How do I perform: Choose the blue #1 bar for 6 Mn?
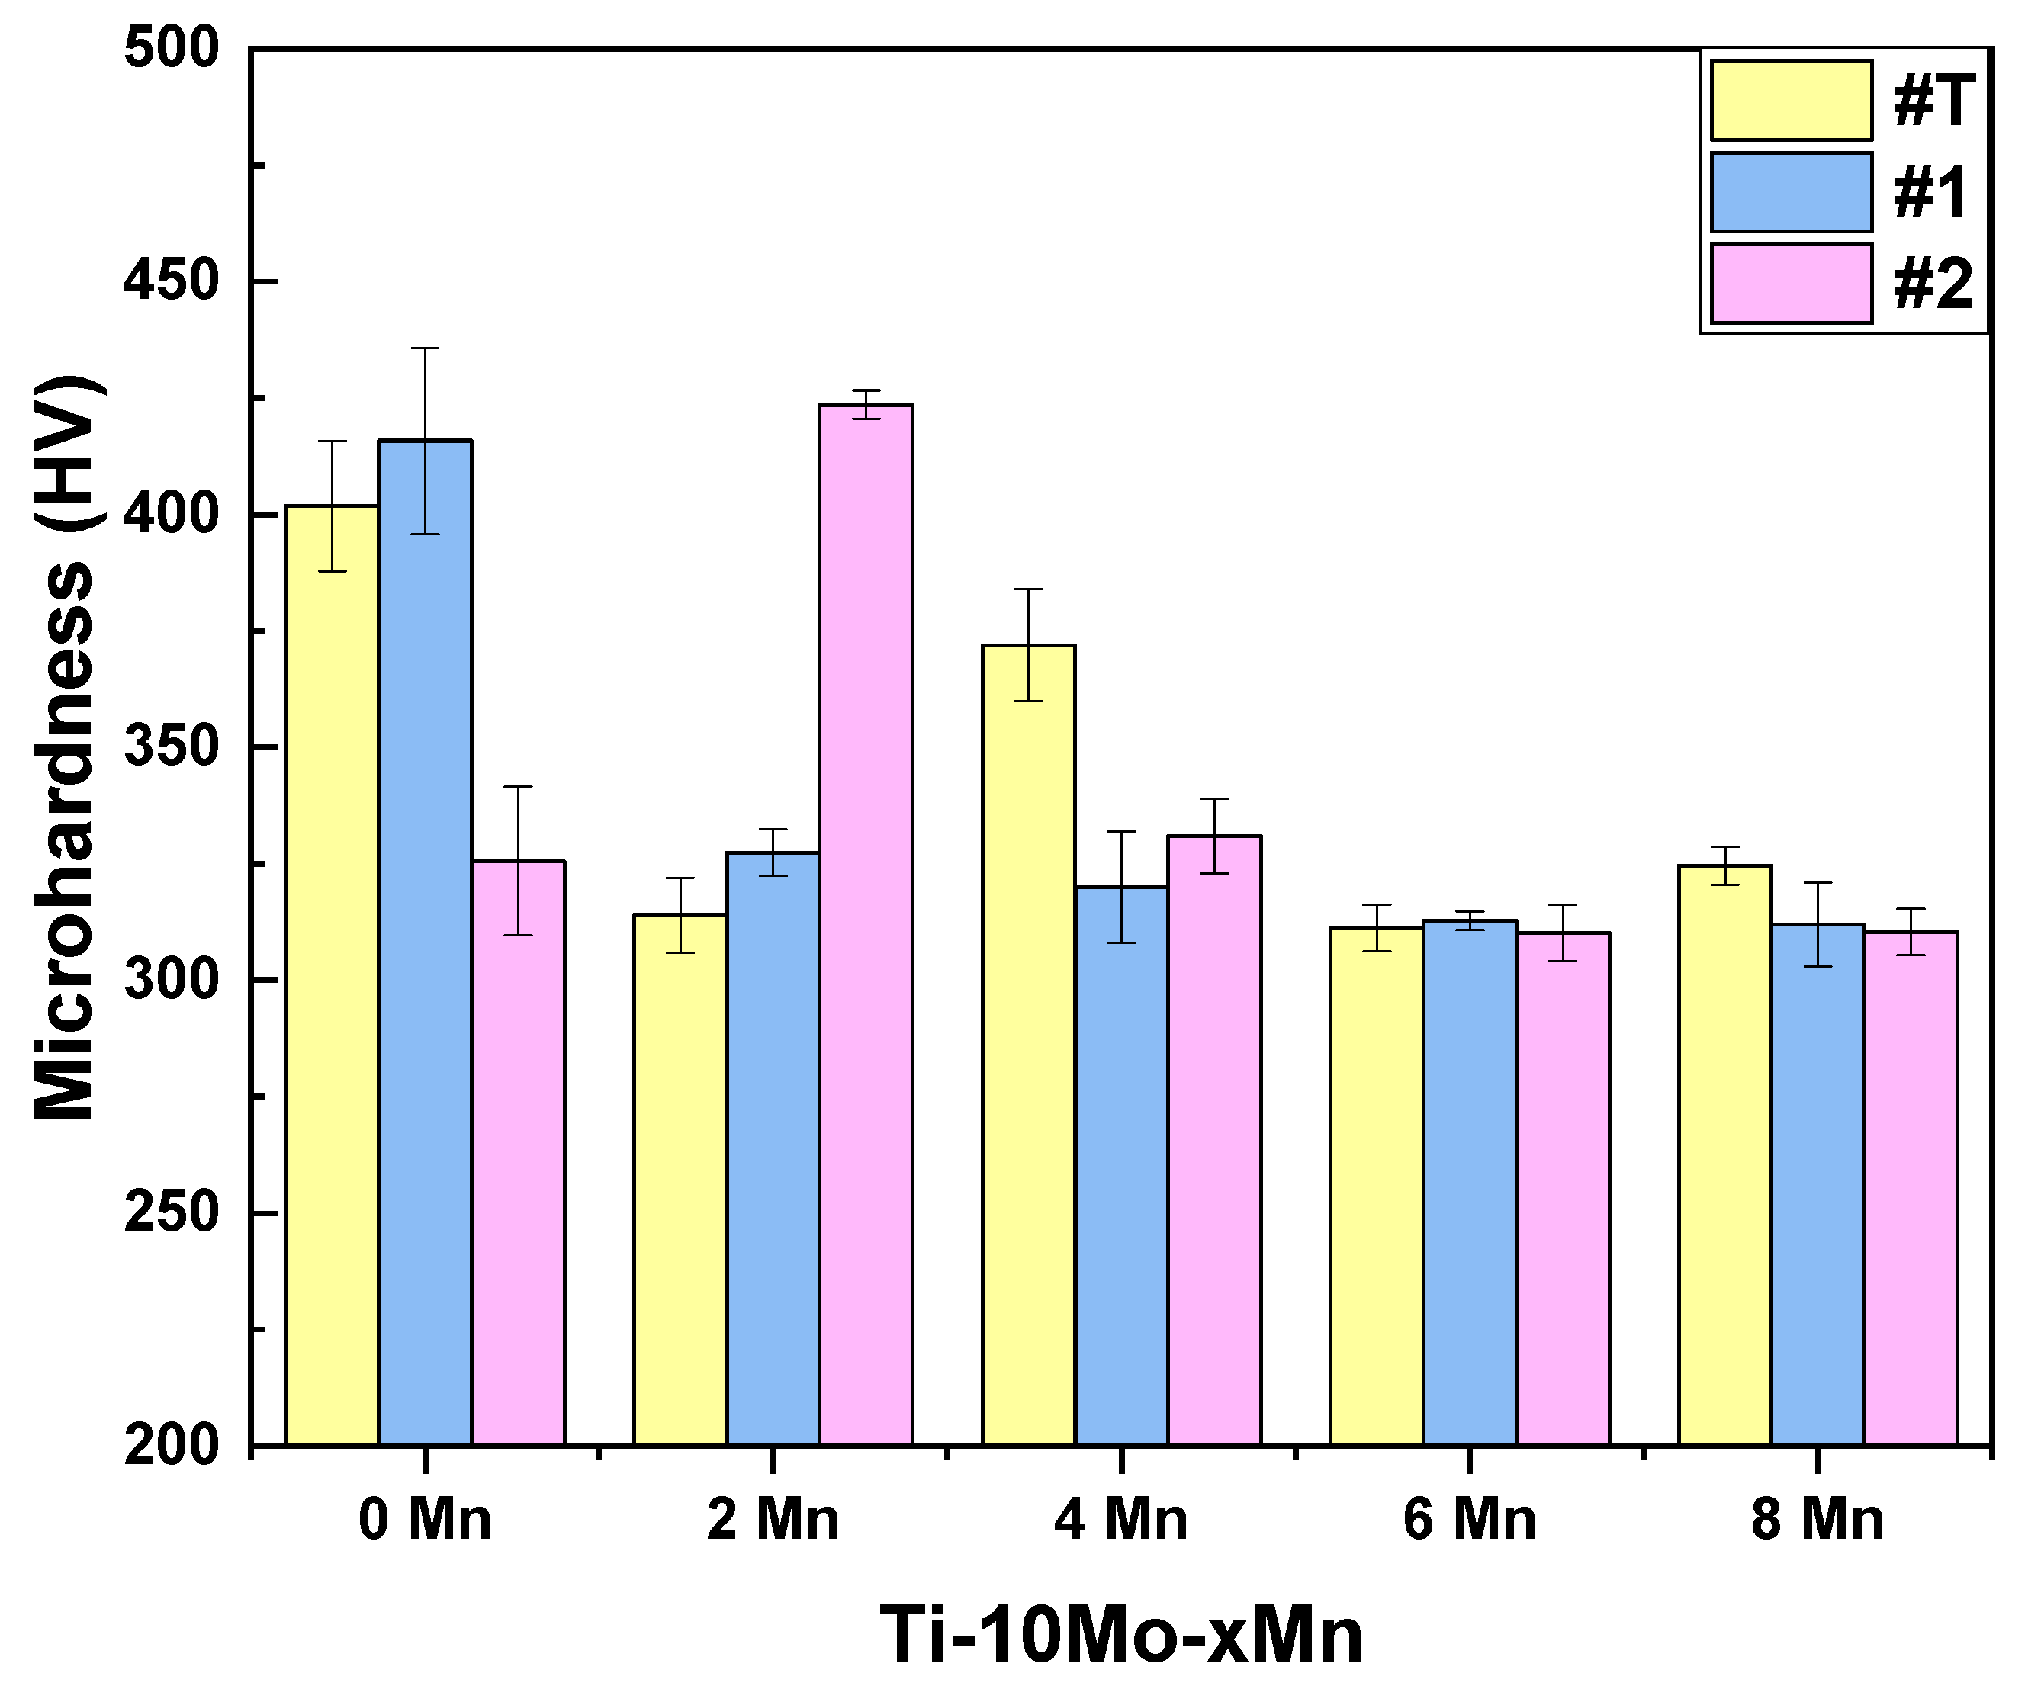tap(1470, 1183)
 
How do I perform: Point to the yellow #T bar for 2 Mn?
tap(680, 1179)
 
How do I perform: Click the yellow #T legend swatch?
tap(1792, 101)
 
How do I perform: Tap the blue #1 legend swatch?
tap(1792, 192)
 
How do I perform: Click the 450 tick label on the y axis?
tap(172, 282)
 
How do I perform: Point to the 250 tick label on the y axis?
tap(172, 1213)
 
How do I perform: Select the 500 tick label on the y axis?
tap(172, 48)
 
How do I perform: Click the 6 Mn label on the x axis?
tap(1469, 1519)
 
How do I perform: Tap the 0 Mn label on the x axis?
tap(425, 1519)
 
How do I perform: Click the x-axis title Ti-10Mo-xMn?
tap(1120, 1635)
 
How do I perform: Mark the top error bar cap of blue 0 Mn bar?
tap(425, 348)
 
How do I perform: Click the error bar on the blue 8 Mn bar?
tap(1817, 924)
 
